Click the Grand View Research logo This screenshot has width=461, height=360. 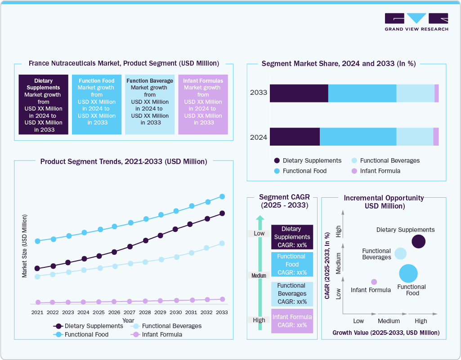416,22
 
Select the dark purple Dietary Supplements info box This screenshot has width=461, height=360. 43,104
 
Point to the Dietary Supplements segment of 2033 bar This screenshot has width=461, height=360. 299,93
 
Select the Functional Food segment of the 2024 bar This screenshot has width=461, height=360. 358,137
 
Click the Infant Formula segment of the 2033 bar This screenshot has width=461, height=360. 436,93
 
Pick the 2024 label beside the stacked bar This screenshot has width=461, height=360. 259,137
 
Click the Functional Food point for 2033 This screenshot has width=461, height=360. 222,196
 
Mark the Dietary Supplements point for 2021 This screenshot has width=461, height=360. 37,268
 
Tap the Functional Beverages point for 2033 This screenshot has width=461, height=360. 222,243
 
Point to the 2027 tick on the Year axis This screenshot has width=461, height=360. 130,312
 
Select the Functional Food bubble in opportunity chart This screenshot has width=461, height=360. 408,273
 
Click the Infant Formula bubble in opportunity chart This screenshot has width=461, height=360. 374,282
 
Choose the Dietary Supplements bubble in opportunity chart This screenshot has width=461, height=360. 419,241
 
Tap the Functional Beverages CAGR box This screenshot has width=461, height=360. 292,293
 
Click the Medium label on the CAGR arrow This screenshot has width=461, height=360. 259,276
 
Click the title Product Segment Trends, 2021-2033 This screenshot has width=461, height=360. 124,161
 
